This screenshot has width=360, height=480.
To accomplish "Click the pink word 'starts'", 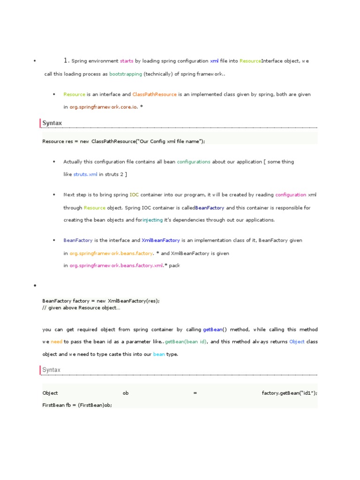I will [x=127, y=61].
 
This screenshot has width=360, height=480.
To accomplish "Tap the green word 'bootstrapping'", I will [x=126, y=74].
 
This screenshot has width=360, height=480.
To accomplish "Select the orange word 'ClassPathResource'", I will [x=155, y=94].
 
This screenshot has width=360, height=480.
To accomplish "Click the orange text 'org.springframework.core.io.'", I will [x=104, y=107].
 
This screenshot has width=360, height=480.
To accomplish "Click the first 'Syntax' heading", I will [x=52, y=123].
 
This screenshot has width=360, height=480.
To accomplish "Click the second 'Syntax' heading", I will [x=52, y=370].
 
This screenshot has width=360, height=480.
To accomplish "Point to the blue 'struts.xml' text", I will [x=86, y=174].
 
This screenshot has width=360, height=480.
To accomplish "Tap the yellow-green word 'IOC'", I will [x=134, y=195].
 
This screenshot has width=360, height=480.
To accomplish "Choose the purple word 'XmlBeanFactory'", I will [x=161, y=240].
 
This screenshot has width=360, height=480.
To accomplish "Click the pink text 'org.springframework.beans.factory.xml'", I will [x=116, y=266].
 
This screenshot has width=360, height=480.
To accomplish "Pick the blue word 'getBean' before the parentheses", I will [x=212, y=330].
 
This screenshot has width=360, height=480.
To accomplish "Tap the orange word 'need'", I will [x=57, y=342].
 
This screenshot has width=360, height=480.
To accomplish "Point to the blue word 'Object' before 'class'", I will [x=297, y=342].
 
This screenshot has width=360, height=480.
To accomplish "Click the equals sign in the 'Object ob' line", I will [x=195, y=393].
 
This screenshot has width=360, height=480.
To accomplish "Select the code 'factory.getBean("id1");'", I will [x=289, y=393].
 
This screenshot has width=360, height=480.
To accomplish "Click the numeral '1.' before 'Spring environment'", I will [x=67, y=60].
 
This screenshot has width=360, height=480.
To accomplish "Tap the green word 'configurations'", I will [x=194, y=162].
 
